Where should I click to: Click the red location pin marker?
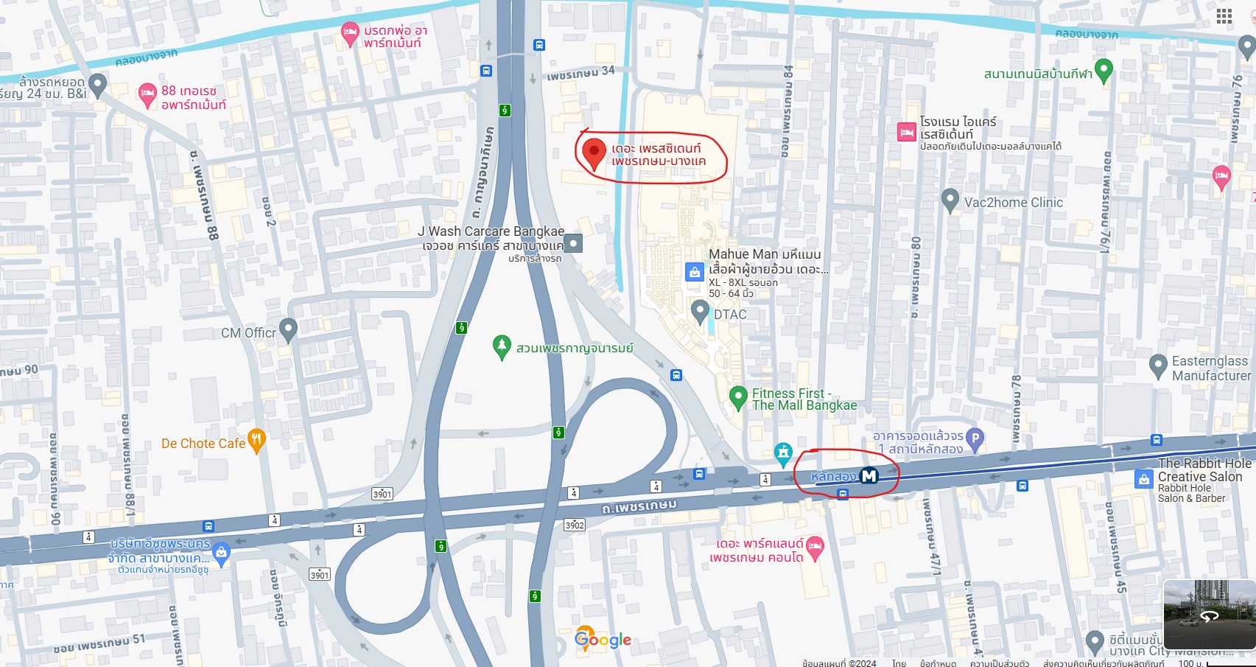click(594, 153)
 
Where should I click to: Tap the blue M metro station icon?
click(869, 476)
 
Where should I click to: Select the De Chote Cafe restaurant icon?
click(256, 441)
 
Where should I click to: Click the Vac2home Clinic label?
click(1013, 203)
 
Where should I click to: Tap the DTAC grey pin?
click(701, 312)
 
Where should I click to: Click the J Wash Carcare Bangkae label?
click(491, 231)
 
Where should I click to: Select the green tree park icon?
click(502, 346)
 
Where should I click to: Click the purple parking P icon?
click(975, 439)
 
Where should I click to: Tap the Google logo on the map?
click(603, 640)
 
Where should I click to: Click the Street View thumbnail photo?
click(1208, 614)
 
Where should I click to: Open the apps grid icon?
click(1224, 17)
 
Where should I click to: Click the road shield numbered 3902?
click(575, 525)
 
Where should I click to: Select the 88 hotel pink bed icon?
click(147, 94)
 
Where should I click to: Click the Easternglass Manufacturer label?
click(1210, 369)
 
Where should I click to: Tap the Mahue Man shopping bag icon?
click(694, 272)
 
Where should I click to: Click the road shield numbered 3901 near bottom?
click(320, 575)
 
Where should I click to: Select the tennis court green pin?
click(1103, 70)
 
